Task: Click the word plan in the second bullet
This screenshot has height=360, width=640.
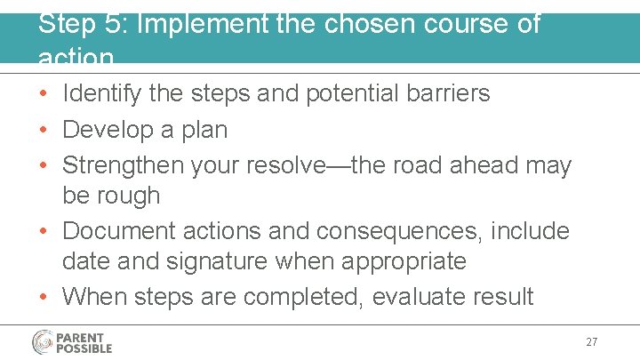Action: tap(204, 130)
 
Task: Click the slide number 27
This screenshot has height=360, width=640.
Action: tap(591, 342)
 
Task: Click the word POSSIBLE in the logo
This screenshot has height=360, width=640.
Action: tap(85, 348)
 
